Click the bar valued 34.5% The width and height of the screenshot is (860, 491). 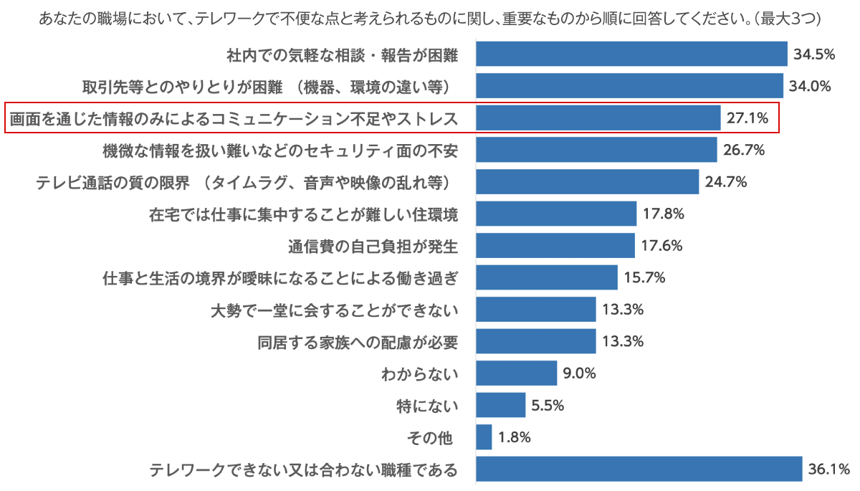[x=631, y=54]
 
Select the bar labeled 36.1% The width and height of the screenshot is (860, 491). [x=639, y=469]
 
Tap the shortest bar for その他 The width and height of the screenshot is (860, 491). [x=484, y=437]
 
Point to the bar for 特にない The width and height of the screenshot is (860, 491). [x=500, y=405]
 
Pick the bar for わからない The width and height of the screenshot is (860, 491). [x=516, y=373]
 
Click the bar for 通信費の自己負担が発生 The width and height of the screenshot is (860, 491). [x=555, y=246]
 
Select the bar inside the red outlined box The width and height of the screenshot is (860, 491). [x=598, y=118]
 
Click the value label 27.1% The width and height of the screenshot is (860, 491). [x=747, y=118]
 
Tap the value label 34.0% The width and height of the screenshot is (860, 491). [x=810, y=87]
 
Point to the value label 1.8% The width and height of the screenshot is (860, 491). [x=514, y=437]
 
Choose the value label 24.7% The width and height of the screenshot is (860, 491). [x=726, y=182]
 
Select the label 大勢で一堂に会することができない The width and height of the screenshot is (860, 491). [x=334, y=310]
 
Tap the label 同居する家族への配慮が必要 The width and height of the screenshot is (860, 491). [x=357, y=342]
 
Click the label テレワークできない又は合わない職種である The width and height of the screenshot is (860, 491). [x=303, y=470]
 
